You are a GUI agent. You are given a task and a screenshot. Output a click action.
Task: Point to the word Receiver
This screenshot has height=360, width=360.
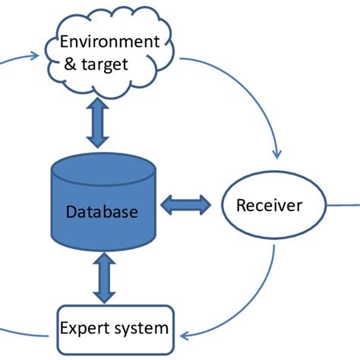(x=270, y=205)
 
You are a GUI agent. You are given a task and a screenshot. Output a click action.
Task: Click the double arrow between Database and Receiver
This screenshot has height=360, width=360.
(x=186, y=204)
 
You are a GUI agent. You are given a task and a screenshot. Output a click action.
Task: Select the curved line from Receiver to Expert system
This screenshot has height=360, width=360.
(x=251, y=296)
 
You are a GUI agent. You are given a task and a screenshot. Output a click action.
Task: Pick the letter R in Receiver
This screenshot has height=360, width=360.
(x=242, y=205)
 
